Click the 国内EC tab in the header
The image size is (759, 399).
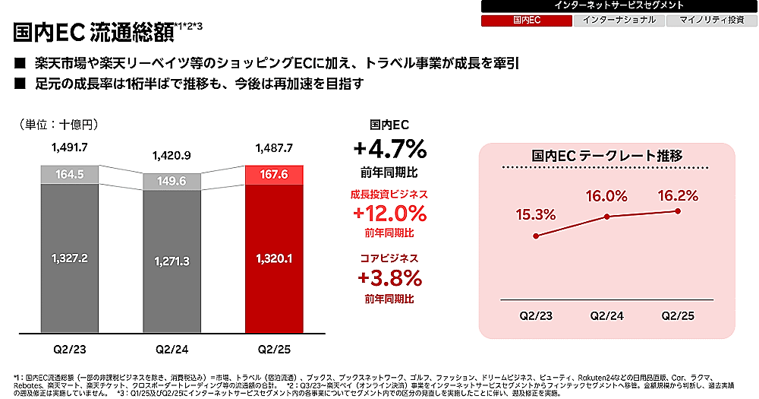click(x=526, y=20)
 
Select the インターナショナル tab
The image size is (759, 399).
click(x=619, y=20)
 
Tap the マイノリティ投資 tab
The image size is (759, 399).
click(x=711, y=20)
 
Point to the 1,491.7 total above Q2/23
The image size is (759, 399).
click(x=70, y=147)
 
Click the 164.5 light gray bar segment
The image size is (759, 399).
click(x=70, y=174)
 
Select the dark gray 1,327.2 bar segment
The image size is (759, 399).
click(x=70, y=258)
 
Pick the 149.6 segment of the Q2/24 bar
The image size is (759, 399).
click(x=172, y=182)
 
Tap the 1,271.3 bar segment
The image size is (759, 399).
click(x=172, y=261)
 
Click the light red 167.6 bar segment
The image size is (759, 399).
click(x=274, y=174)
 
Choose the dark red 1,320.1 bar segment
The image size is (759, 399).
click(x=274, y=258)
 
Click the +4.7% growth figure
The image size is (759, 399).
click(x=389, y=147)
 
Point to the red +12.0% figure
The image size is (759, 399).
click(x=389, y=212)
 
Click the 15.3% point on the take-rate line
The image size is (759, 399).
click(x=537, y=236)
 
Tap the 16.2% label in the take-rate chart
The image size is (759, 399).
click(x=678, y=195)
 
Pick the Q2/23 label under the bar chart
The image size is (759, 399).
click(x=70, y=350)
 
